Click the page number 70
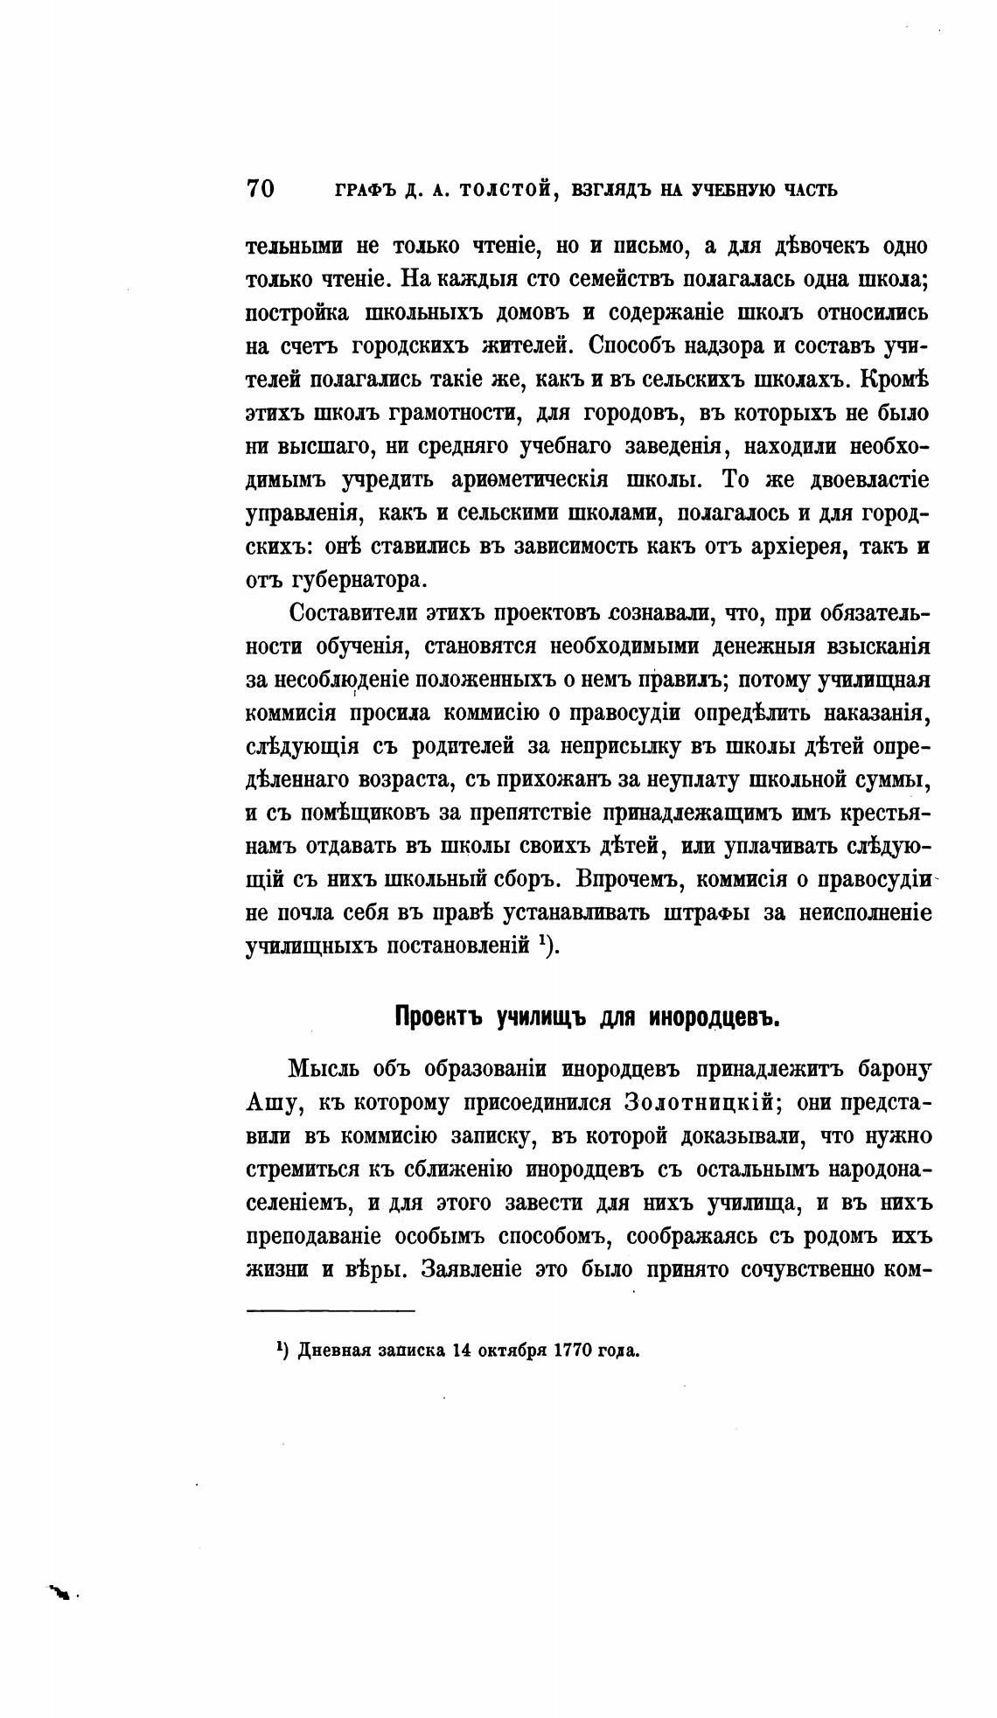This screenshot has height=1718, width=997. tap(261, 189)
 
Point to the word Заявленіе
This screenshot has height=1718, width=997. tap(472, 1268)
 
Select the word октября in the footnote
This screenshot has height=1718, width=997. tap(512, 1349)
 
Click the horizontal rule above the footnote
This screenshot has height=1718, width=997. tap(331, 1309)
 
